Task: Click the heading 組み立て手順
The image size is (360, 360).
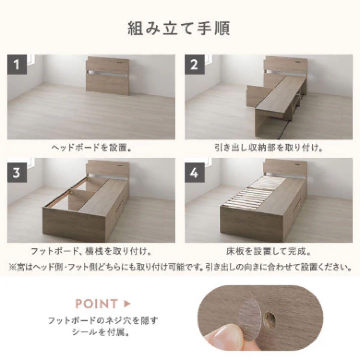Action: coord(179,29)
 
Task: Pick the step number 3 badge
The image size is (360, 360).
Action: coord(17,173)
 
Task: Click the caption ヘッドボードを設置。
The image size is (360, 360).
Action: coord(91,148)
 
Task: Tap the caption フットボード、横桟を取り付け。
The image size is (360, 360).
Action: coord(91,251)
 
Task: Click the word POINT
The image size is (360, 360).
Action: coord(97,304)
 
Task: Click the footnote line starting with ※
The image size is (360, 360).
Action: coord(180,267)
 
